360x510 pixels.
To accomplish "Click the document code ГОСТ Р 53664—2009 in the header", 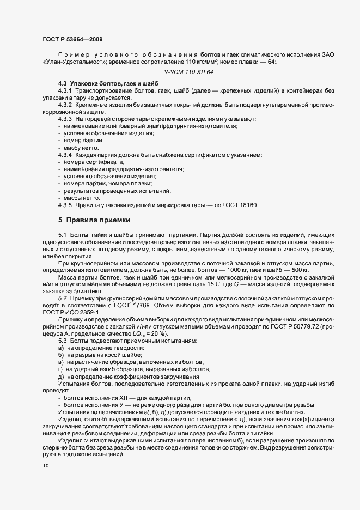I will pyautogui.click(x=71, y=39).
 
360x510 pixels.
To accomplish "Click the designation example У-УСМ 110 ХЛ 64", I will pyautogui.click(x=188, y=72).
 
